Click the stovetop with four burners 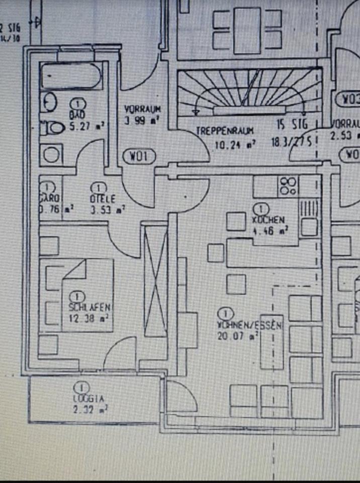(288, 186)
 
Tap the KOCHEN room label (269, 220)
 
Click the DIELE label (103, 199)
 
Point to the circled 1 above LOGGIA (80, 387)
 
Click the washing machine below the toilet (51, 154)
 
